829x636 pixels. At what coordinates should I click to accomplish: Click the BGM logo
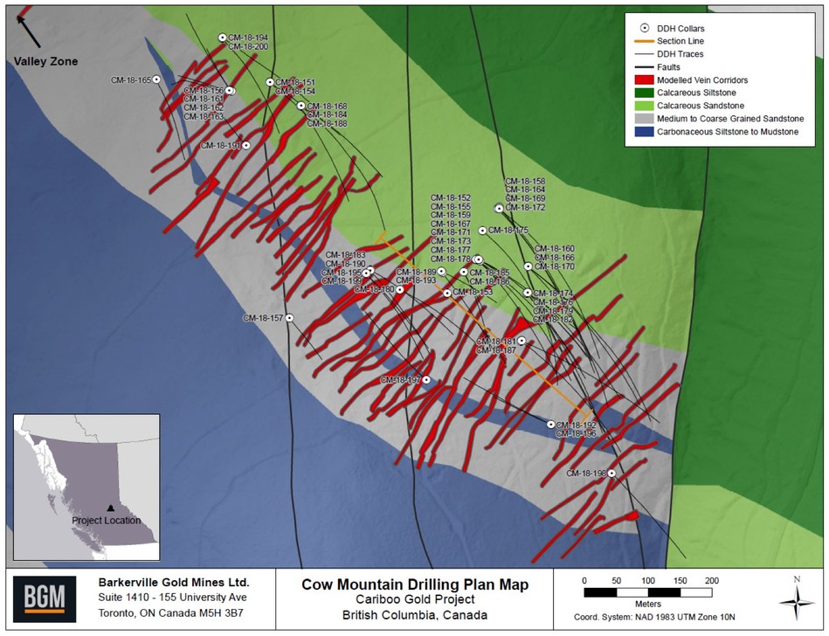tap(38, 599)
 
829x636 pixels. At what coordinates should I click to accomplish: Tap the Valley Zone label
tap(45, 61)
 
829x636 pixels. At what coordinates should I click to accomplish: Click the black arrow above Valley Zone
tap(28, 30)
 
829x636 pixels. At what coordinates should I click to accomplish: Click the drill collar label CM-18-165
tap(131, 80)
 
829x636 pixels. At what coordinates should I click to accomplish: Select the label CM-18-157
tap(263, 318)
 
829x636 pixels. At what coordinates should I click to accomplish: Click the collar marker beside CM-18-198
tap(612, 473)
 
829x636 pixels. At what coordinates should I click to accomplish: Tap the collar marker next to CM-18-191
tap(246, 146)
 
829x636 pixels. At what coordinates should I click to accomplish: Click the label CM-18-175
tap(508, 231)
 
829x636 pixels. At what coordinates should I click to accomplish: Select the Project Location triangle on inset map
tap(110, 508)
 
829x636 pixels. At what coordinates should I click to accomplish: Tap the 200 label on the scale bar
tap(711, 581)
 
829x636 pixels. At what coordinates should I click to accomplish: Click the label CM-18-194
tap(248, 38)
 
